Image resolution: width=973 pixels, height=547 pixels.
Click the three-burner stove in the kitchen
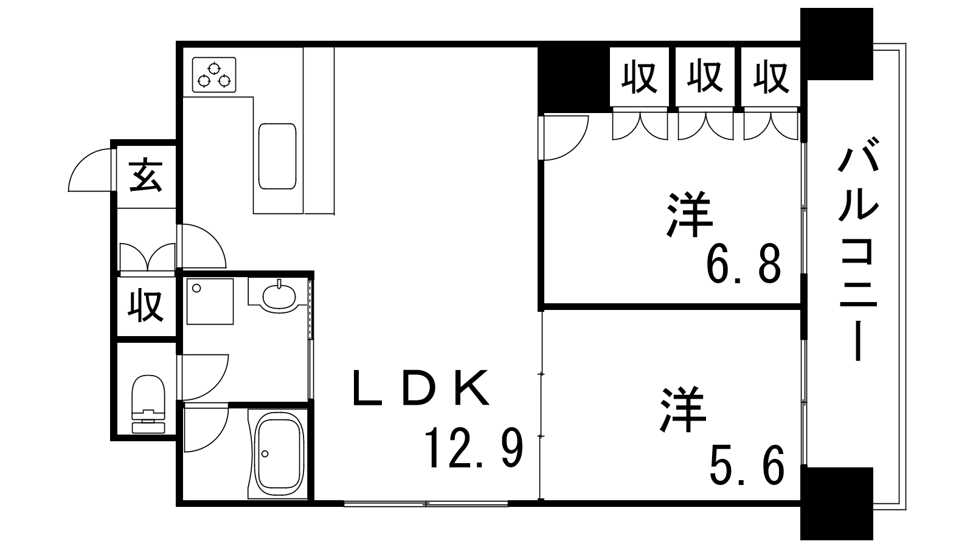point(214,75)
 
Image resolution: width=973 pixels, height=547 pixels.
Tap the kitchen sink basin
point(277,156)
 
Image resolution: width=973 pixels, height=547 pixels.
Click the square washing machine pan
point(210,301)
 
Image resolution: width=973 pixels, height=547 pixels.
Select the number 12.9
point(474,449)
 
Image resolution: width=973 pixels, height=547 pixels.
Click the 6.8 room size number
point(743,264)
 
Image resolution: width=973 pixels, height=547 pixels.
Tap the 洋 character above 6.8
point(690,215)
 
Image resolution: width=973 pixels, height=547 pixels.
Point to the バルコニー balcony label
point(857,249)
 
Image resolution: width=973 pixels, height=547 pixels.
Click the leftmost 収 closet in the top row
point(640,78)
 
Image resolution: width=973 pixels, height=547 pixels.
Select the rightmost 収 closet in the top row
point(771,78)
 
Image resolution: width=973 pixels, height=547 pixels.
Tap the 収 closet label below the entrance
point(147,306)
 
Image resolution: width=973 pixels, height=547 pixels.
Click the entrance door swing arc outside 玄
point(90,170)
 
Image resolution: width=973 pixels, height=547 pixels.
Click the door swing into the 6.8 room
point(564,137)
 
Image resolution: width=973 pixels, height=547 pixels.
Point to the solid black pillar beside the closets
point(574,78)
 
